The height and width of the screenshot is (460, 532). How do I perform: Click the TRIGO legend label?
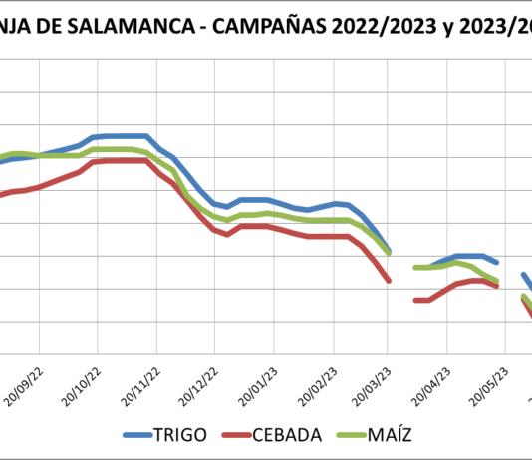click(x=182, y=434)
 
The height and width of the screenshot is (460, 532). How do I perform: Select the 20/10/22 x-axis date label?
click(x=86, y=379)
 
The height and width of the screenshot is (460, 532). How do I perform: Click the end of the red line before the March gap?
click(x=389, y=281)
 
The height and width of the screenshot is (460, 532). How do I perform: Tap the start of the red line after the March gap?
click(x=414, y=300)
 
